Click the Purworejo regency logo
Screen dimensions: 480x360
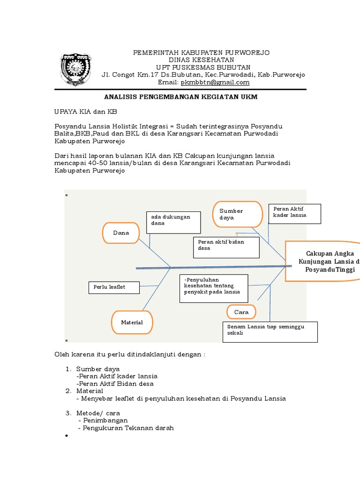point(73,69)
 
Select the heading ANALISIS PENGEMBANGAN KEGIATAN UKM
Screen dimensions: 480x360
point(180,97)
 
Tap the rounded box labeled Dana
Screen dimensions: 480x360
point(121,233)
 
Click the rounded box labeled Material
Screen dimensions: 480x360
point(132,322)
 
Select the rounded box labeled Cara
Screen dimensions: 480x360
point(241,312)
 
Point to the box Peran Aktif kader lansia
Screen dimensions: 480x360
point(294,213)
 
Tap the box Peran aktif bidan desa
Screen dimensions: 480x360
point(226,247)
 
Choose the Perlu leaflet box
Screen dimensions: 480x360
point(114,287)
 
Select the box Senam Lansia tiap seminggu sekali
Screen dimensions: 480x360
point(270,332)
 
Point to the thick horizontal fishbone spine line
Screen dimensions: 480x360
point(211,267)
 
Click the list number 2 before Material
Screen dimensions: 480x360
point(68,390)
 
